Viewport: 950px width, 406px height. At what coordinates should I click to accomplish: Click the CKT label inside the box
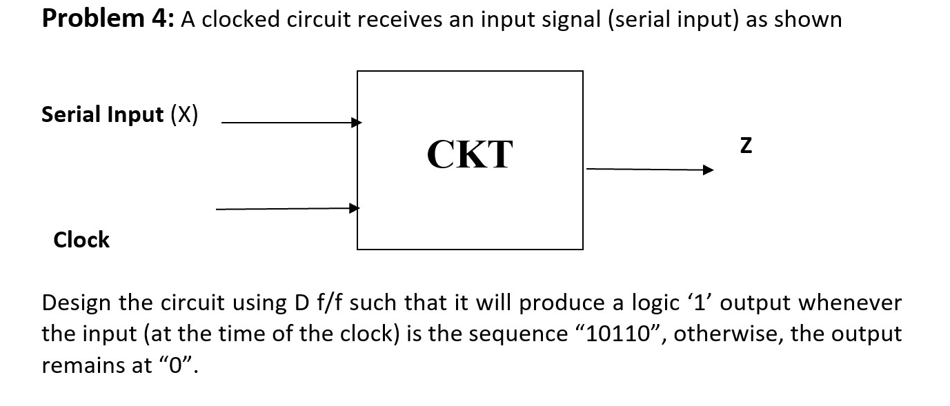click(x=470, y=154)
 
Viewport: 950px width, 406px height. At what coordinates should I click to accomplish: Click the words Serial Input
click(x=103, y=114)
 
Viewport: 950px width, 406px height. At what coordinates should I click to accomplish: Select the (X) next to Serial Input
click(x=184, y=114)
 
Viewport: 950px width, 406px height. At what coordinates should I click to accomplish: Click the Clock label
click(x=81, y=240)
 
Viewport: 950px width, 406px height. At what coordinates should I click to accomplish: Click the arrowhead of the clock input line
click(x=355, y=207)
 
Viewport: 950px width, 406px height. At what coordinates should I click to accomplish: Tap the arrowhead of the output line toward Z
click(x=708, y=170)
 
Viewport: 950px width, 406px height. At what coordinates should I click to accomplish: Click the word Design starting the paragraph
click(x=77, y=303)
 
